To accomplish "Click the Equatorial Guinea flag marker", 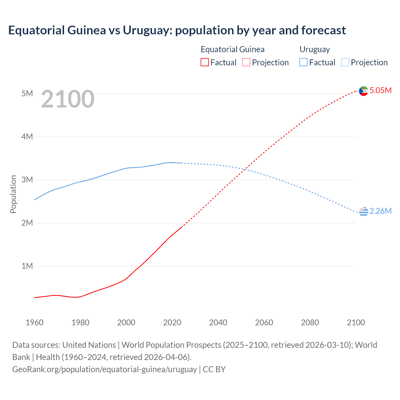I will pyautogui.click(x=363, y=91).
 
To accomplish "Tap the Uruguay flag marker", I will pyautogui.click(x=363, y=212).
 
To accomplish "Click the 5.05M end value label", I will pyautogui.click(x=380, y=90).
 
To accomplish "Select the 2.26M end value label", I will pyautogui.click(x=380, y=211).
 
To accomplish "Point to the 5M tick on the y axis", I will pyautogui.click(x=27, y=93).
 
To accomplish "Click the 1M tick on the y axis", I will pyautogui.click(x=27, y=266).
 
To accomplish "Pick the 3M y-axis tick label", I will pyautogui.click(x=27, y=180).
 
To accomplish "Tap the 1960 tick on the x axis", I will pyautogui.click(x=34, y=322).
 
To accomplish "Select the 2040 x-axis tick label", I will pyautogui.click(x=218, y=322).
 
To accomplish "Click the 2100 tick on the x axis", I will pyautogui.click(x=356, y=322).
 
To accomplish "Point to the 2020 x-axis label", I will pyautogui.click(x=172, y=322).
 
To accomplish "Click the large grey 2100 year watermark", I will pyautogui.click(x=67, y=99).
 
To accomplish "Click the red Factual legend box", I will pyautogui.click(x=205, y=62).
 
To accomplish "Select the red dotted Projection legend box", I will pyautogui.click(x=246, y=62).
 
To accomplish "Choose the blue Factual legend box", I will pyautogui.click(x=303, y=62).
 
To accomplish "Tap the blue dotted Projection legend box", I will pyautogui.click(x=345, y=62).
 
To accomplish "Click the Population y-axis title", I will pyautogui.click(x=13, y=194).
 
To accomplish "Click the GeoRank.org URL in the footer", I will pyautogui.click(x=104, y=369).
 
